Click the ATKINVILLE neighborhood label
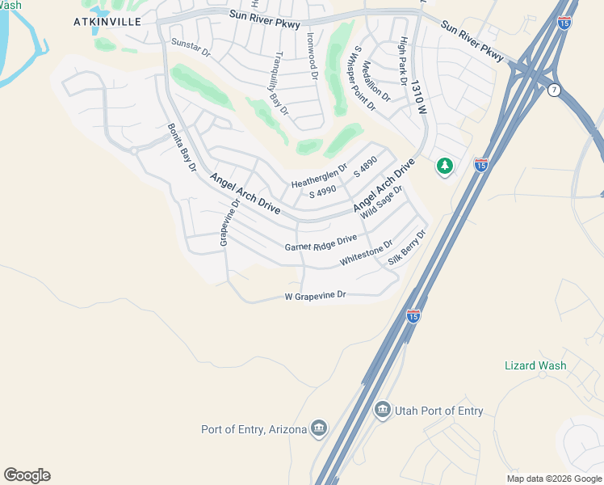pyautogui.click(x=107, y=21)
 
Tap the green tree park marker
pyautogui.click(x=444, y=167)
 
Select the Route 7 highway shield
pyautogui.click(x=553, y=90)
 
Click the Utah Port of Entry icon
pyautogui.click(x=382, y=411)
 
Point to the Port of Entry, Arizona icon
pyautogui.click(x=319, y=428)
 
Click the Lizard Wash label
pyautogui.click(x=535, y=365)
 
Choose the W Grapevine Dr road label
pyautogui.click(x=315, y=297)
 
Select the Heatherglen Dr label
pyautogui.click(x=319, y=177)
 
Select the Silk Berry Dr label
pyautogui.click(x=407, y=248)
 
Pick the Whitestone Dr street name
pyautogui.click(x=367, y=252)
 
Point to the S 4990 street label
pyautogui.click(x=321, y=192)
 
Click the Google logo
pyautogui.click(x=27, y=475)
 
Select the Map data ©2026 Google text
pyautogui.click(x=554, y=479)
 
